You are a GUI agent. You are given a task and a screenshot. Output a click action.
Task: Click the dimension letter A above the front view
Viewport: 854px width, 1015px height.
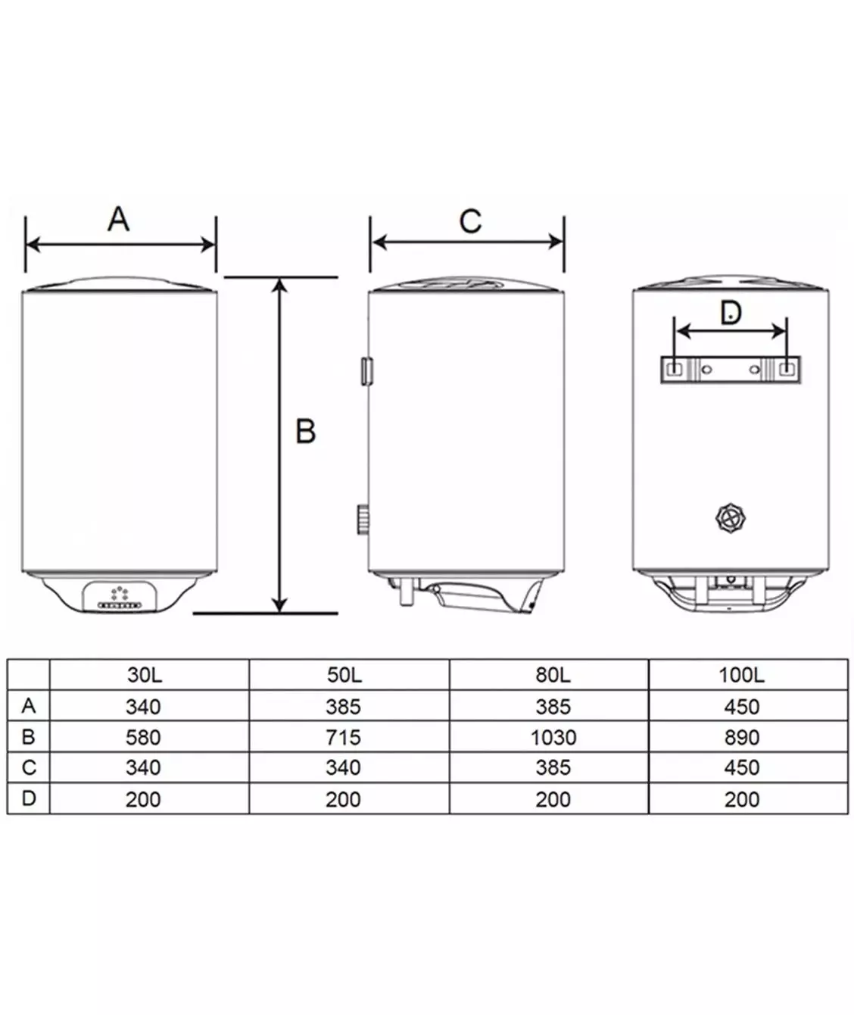tap(119, 219)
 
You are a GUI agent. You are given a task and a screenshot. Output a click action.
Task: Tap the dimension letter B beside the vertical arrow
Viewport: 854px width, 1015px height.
tap(306, 431)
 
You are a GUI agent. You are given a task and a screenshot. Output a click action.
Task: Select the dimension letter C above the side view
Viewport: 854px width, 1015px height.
tap(470, 221)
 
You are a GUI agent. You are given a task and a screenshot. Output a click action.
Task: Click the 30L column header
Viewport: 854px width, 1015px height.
tap(145, 675)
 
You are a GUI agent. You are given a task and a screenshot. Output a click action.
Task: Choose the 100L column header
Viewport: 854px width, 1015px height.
tap(741, 675)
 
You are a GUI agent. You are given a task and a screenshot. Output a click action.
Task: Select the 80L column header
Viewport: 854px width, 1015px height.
tap(553, 675)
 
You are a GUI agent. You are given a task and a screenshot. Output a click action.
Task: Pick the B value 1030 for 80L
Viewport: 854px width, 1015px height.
tap(553, 738)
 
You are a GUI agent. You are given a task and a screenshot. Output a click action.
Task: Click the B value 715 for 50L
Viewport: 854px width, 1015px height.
tap(344, 738)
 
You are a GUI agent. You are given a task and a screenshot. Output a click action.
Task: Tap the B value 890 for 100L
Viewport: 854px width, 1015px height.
tap(742, 738)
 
